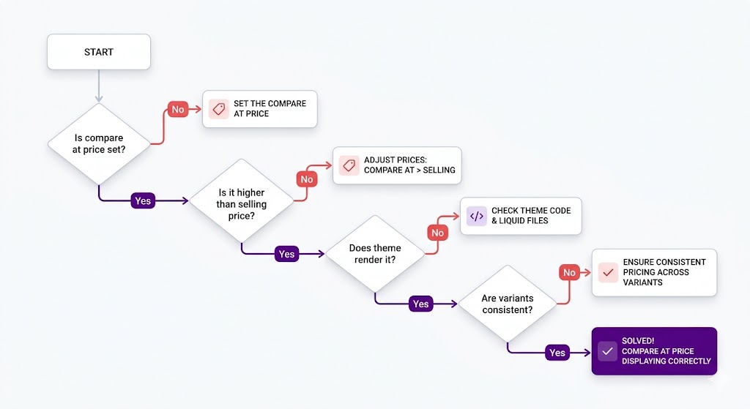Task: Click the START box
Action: coord(99,52)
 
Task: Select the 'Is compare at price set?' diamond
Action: coord(98,143)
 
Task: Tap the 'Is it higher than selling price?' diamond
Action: coord(242,199)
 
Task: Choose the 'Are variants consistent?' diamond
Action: coord(507,304)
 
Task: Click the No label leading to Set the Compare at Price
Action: coord(178,110)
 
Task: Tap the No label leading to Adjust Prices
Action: coord(306,179)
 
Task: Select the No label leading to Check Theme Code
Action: coord(437,233)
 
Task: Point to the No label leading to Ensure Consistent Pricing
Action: coord(569,273)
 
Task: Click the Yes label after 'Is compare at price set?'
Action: coord(143,200)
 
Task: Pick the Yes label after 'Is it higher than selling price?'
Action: coord(286,254)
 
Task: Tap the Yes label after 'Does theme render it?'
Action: coord(420,304)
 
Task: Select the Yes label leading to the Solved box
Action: coord(557,353)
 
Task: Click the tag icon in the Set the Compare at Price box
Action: coord(218,109)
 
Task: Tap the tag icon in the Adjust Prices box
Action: coord(349,165)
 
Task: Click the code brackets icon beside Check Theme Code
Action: coord(476,216)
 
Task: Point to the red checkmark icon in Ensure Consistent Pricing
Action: coord(607,272)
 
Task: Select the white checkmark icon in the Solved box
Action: coord(607,351)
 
